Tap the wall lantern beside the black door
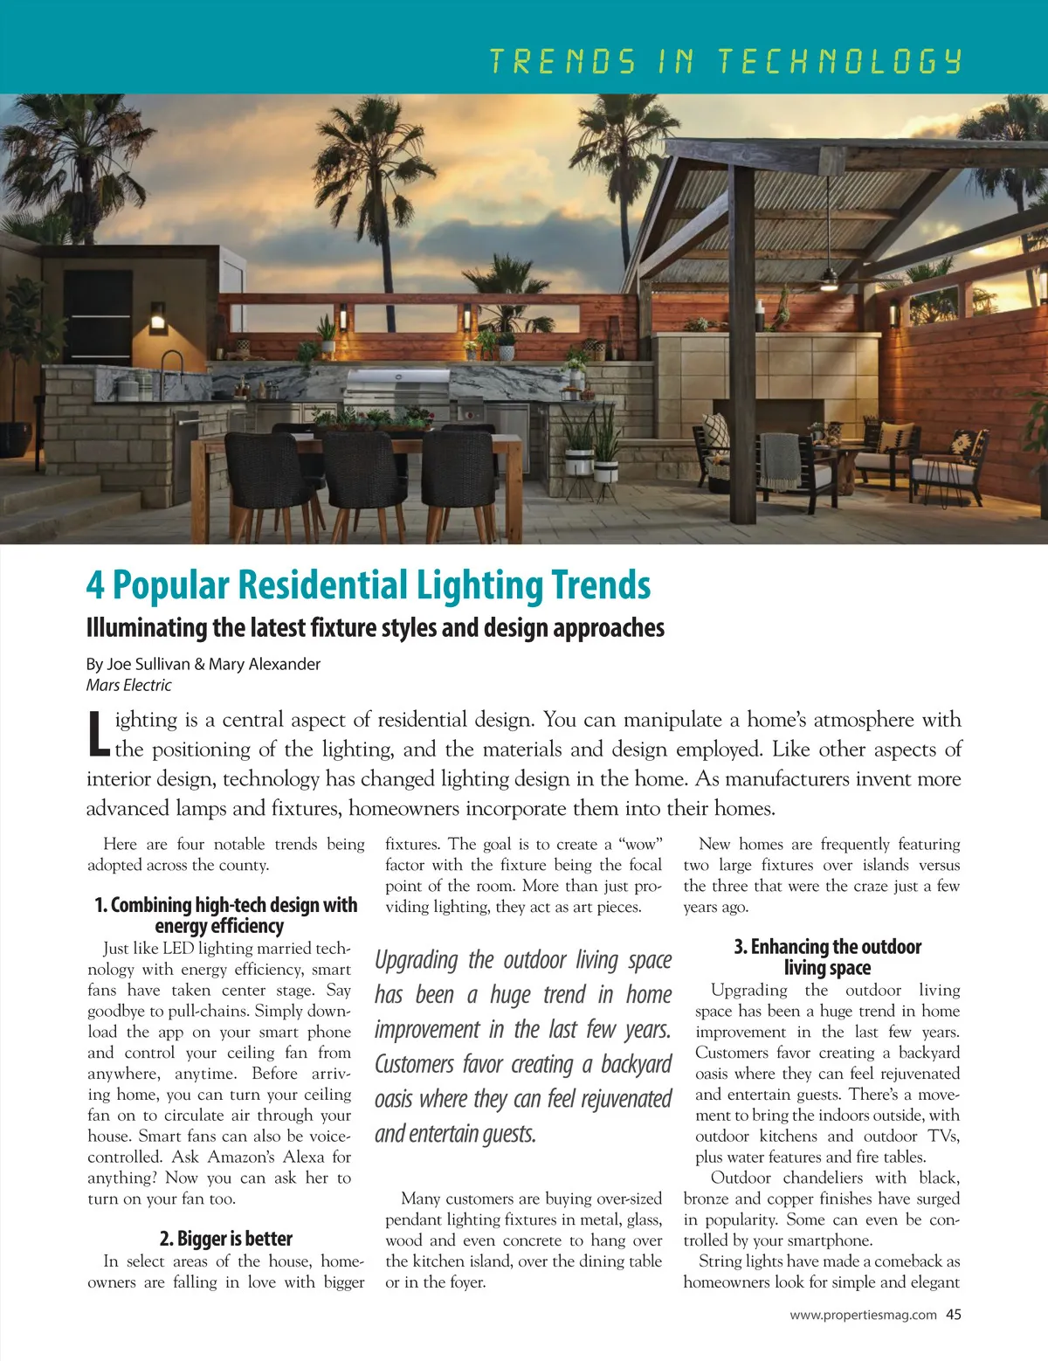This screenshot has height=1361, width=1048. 158,318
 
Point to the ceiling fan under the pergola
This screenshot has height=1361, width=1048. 828,280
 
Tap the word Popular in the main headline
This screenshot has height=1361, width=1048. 172,586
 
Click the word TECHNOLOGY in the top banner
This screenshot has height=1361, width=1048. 839,61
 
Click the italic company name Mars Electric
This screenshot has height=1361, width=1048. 129,686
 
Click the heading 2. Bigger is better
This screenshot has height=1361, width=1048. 226,1239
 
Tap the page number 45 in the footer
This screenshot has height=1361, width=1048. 954,1315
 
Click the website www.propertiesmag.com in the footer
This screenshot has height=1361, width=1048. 863,1315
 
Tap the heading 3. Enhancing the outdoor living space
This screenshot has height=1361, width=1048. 827,957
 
